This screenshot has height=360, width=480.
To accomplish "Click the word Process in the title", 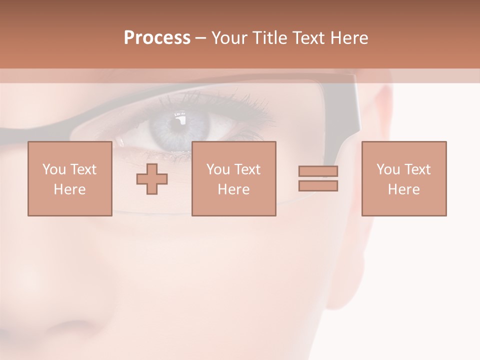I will click(157, 38).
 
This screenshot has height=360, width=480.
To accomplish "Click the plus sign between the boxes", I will click(152, 179).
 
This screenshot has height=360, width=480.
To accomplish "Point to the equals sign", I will click(318, 178).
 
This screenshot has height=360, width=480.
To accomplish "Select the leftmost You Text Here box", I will click(69, 178).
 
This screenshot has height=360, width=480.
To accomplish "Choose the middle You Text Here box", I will click(233, 178).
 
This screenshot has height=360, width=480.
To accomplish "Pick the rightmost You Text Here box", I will click(403, 178).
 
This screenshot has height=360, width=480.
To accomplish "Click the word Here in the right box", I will click(403, 189).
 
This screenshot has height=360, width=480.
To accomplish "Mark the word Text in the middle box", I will click(247, 169).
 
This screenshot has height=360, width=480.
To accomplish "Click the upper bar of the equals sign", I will click(318, 171).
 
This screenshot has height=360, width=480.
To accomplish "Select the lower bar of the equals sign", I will click(318, 186).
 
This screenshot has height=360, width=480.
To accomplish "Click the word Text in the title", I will click(306, 38).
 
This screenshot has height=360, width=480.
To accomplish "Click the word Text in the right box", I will click(417, 169).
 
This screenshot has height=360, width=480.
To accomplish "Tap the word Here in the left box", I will click(69, 189).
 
